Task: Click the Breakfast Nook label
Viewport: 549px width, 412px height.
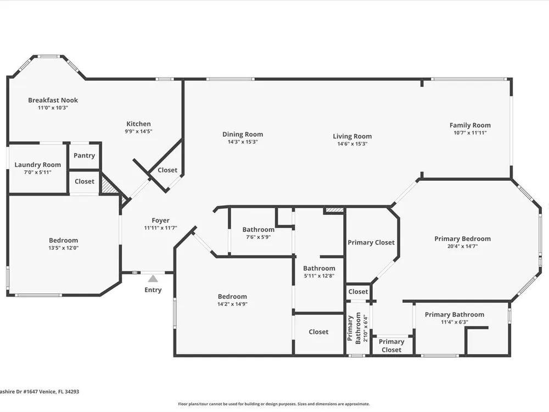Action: [x=53, y=100]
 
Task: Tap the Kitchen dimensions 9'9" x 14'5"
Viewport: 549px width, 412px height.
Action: [x=139, y=131]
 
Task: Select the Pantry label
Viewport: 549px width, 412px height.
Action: [x=85, y=155]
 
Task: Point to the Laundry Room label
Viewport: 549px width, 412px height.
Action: [x=38, y=165]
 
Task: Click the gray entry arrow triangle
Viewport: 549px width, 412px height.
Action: [x=153, y=279]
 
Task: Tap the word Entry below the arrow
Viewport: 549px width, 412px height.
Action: [x=153, y=290]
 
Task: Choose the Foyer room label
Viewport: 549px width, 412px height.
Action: [x=161, y=220]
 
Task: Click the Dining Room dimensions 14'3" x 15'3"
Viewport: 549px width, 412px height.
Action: [x=243, y=142]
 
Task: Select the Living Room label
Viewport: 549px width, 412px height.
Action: [x=352, y=137]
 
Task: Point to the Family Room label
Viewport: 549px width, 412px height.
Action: [x=470, y=125]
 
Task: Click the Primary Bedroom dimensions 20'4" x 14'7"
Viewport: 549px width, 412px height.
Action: [x=462, y=246]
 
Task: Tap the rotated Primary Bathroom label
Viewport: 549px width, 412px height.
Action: [x=354, y=329]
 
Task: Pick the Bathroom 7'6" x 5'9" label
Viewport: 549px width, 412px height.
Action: [x=259, y=230]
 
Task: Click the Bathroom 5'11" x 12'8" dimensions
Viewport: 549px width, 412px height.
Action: [x=320, y=276]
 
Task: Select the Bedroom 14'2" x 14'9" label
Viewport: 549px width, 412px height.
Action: [x=232, y=297]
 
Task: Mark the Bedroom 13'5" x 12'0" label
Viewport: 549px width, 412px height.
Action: [x=63, y=241]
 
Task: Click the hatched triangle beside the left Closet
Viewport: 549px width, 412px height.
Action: [x=107, y=184]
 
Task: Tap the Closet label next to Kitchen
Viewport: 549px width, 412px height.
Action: [x=167, y=170]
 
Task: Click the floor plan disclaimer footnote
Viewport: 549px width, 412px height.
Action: [x=274, y=404]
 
